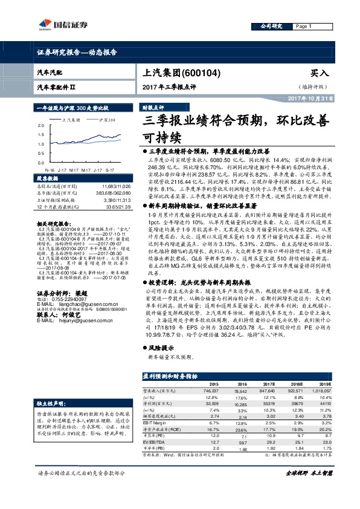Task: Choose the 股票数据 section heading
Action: (50, 180)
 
